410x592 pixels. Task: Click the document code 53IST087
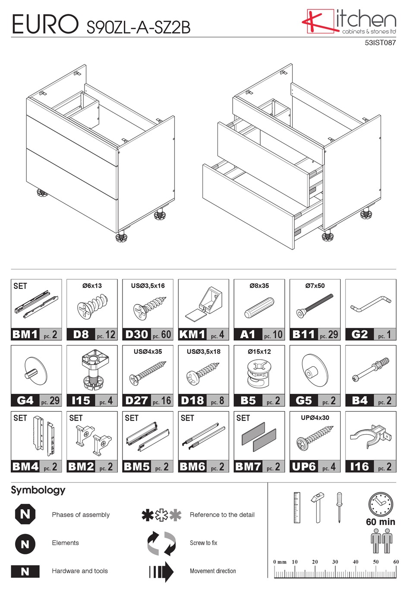(x=380, y=43)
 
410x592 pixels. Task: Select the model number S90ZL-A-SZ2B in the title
(x=138, y=27)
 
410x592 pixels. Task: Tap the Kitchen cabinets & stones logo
(x=349, y=22)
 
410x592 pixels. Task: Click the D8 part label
(x=81, y=334)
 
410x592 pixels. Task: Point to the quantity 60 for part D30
(x=166, y=334)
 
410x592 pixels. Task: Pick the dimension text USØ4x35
(x=148, y=352)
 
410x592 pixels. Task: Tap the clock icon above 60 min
(x=380, y=504)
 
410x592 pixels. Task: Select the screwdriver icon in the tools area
(x=340, y=507)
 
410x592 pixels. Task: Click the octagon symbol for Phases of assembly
(x=25, y=514)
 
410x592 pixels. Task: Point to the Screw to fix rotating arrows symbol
(x=161, y=543)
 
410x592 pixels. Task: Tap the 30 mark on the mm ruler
(x=335, y=562)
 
